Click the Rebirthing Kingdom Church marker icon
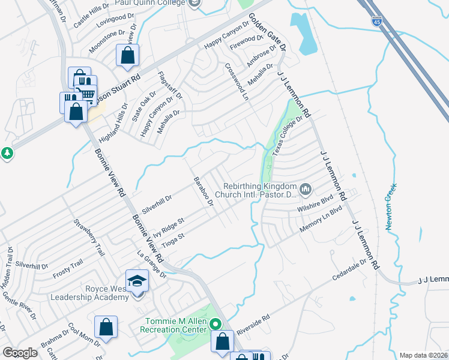(306, 190)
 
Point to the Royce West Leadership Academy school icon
(137, 281)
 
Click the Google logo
(20, 353)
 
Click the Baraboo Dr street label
(203, 191)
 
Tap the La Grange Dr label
(151, 263)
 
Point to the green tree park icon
(7, 153)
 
